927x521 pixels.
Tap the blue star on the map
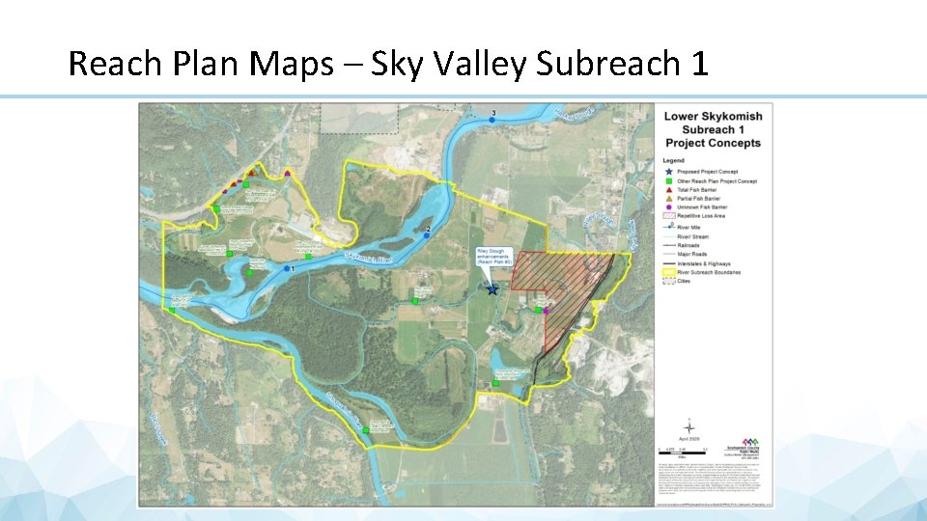click(492, 288)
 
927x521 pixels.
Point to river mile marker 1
click(287, 268)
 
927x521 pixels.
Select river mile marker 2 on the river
click(426, 233)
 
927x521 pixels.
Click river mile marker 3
click(492, 119)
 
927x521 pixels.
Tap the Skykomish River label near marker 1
click(369, 259)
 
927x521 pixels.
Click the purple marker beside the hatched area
click(546, 311)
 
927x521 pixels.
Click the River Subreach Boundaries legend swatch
click(668, 273)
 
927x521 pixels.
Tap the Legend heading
click(673, 160)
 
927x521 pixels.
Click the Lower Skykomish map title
click(712, 117)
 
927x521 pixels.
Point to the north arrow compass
click(688, 425)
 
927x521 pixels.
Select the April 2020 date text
click(688, 439)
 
